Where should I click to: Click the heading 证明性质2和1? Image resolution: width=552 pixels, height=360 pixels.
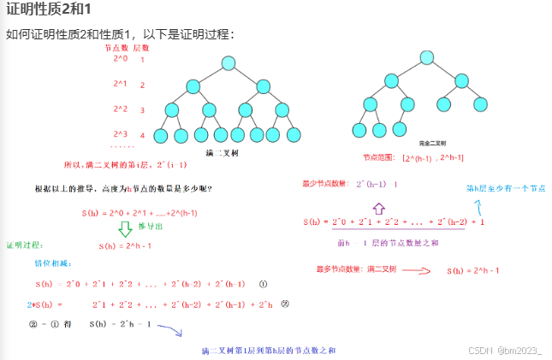point(48,9)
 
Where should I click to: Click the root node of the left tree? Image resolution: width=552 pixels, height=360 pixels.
point(227,62)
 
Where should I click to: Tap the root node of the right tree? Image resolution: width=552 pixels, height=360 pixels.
point(427,58)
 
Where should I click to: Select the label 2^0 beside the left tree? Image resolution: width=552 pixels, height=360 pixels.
point(119,60)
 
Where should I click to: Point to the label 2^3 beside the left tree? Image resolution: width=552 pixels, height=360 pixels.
point(119,134)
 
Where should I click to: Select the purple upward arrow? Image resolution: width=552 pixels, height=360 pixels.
point(380,208)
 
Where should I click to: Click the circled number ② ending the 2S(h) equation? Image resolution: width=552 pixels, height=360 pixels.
point(285,304)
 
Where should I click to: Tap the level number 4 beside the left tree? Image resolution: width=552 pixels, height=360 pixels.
point(142,135)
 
